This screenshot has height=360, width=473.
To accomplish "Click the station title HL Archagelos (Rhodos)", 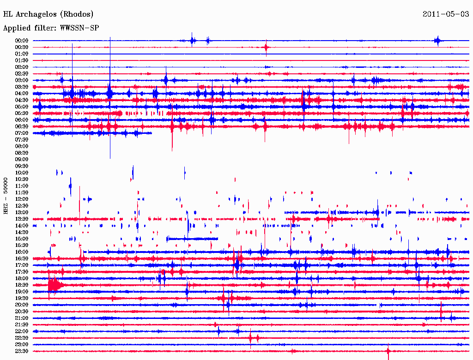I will point(48,14).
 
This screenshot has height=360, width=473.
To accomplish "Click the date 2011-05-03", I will point(446,14).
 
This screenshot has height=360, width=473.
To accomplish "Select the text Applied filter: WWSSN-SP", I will point(51,28).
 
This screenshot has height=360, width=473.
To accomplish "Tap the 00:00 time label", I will point(22,41).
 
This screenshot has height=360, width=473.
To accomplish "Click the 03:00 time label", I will point(22,80).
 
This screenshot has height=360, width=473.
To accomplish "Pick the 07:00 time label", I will point(22,133).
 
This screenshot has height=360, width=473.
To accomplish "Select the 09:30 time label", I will point(22,166).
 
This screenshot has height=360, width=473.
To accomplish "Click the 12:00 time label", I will point(22,199).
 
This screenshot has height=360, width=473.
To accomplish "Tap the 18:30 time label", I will point(22,285).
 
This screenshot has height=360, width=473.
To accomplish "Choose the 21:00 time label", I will point(22,318).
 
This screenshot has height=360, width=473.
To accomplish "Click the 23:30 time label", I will point(22,351).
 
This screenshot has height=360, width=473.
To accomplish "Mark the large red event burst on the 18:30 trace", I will point(54,286).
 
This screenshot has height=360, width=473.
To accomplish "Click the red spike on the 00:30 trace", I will point(266,47).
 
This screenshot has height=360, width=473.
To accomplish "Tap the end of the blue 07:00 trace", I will point(151,133).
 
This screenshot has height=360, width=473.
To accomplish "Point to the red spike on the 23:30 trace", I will point(388,351).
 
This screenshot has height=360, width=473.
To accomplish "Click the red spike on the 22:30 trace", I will point(250,338).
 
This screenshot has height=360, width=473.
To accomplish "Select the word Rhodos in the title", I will point(79,14).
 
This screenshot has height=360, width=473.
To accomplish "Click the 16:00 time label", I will point(22,252).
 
